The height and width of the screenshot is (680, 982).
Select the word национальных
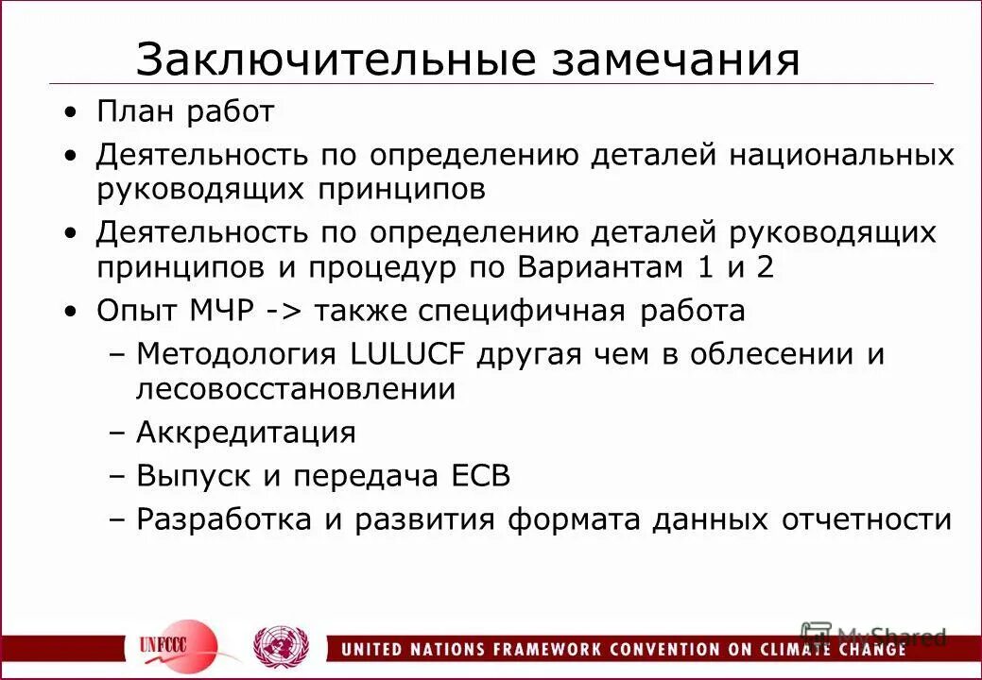pyautogui.click(x=841, y=155)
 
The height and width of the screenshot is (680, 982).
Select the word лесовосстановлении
pyautogui.click(x=296, y=388)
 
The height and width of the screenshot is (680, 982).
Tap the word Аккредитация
pyautogui.click(x=246, y=433)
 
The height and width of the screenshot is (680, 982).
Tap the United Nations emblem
pyautogui.click(x=281, y=646)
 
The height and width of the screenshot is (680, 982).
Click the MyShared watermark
pyautogui.click(x=873, y=636)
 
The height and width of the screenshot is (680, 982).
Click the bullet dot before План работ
pyautogui.click(x=73, y=113)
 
